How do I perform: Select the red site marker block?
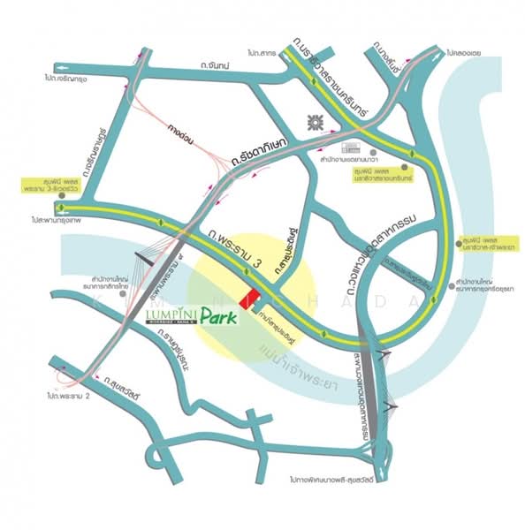point(253,298)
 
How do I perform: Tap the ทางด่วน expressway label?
point(185,135)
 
